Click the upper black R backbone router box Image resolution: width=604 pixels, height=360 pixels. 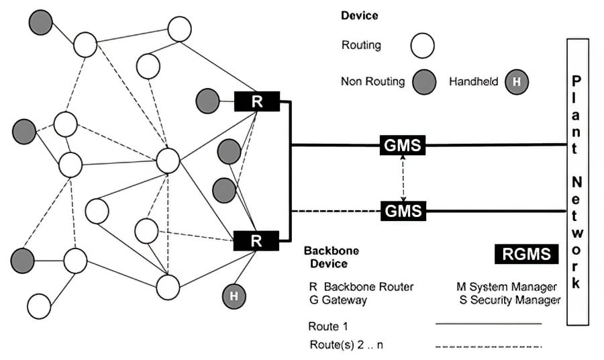click(256, 102)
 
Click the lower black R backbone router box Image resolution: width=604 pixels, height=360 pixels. click(256, 240)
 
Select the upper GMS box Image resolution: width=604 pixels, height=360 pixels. click(403, 144)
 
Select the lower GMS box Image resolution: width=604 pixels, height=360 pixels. click(403, 210)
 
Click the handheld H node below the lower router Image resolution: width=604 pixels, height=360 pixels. click(234, 295)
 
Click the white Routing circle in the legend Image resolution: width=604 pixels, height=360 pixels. click(422, 46)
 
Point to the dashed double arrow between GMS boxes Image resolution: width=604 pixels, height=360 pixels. click(403, 177)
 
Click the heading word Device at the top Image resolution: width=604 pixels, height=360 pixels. click(359, 15)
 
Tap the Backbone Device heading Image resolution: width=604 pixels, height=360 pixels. click(331, 257)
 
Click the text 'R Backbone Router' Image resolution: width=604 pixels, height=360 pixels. click(362, 287)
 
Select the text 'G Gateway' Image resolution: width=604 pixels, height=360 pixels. click(338, 300)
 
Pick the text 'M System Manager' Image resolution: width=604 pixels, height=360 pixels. click(507, 287)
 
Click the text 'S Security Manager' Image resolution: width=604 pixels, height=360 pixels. click(509, 300)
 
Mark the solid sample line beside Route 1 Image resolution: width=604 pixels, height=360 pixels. click(489, 324)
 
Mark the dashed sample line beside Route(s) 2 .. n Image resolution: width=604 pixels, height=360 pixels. click(489, 347)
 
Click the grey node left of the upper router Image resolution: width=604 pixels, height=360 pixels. click(207, 101)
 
